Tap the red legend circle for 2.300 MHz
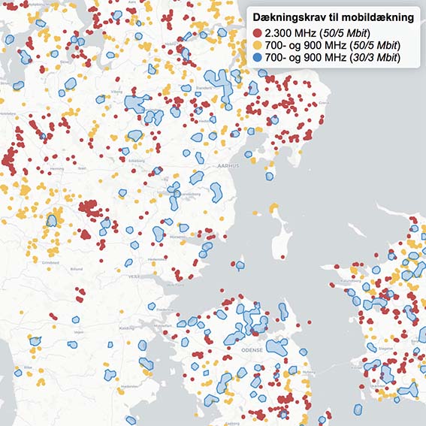pyautogui.click(x=258, y=34)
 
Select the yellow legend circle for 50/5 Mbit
pyautogui.click(x=258, y=46)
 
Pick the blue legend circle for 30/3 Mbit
pyautogui.click(x=258, y=58)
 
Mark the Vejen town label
pyautogui.click(x=77, y=331)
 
